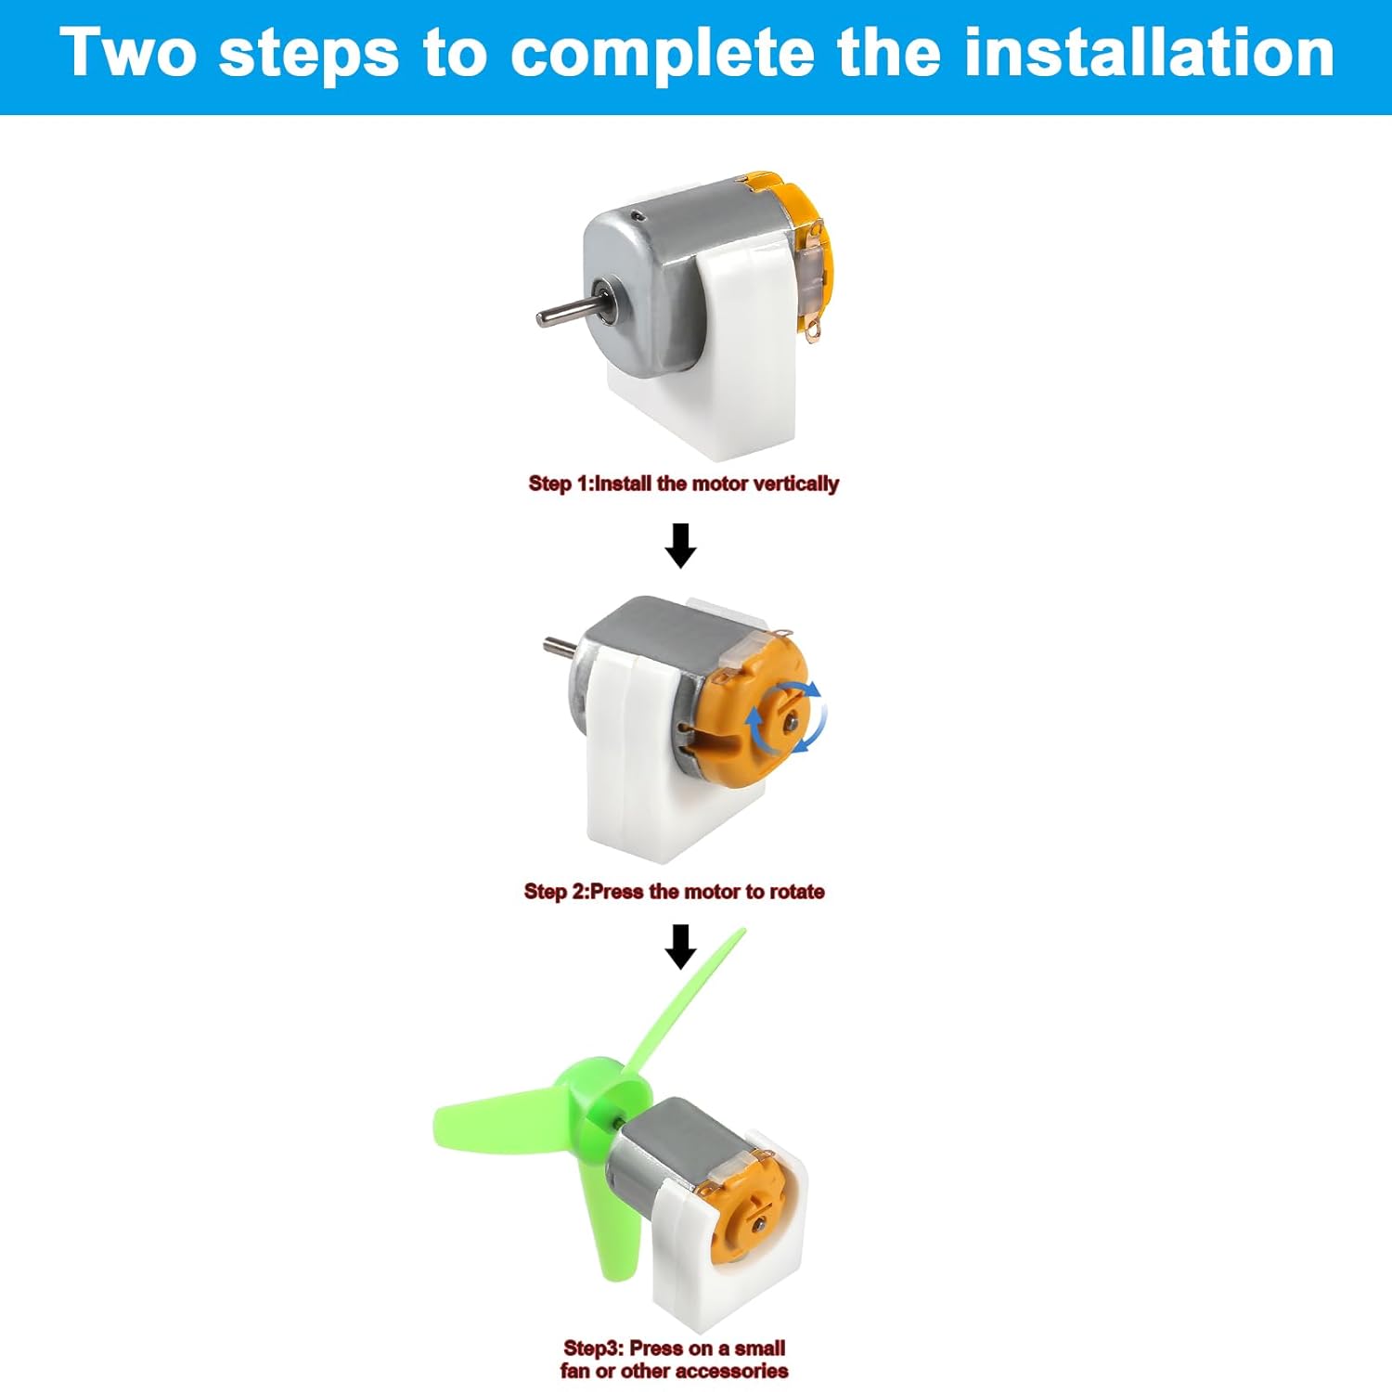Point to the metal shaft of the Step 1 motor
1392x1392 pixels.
pos(567,312)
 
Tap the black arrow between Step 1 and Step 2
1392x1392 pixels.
pos(680,545)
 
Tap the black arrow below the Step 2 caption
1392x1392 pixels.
pos(681,947)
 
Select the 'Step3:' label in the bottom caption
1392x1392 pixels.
pos(594,1348)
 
